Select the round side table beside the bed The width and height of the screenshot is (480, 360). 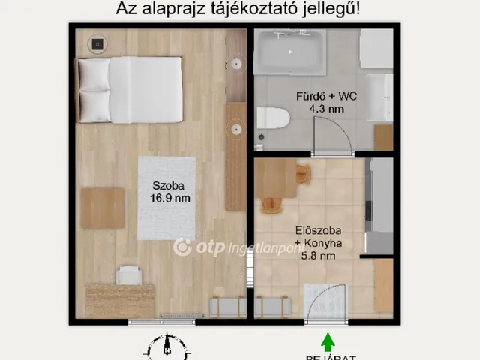coord(97,43)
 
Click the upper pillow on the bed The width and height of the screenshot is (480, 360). coord(94,75)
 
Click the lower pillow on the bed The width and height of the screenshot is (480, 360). coord(94,105)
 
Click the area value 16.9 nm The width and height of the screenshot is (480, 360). coord(166,199)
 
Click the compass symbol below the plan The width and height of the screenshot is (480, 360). coord(166,349)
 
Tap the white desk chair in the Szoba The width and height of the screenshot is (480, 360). coord(128,276)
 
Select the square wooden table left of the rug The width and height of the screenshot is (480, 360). coord(102,208)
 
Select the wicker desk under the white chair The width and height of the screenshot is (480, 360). coord(119,300)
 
